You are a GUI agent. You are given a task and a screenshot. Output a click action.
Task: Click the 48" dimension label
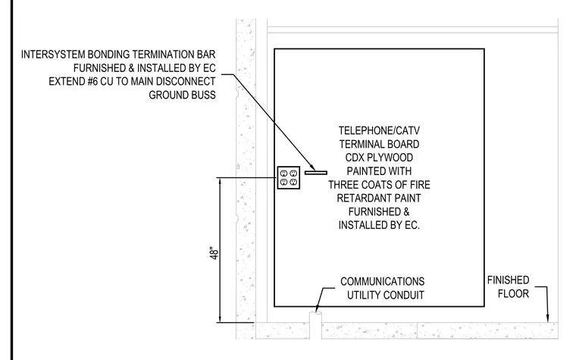(214, 253)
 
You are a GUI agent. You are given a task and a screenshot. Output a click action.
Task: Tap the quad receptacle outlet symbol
(289, 178)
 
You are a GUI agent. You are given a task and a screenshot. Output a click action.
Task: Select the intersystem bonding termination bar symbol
(316, 173)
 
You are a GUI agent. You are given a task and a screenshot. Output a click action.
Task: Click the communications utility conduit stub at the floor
(315, 325)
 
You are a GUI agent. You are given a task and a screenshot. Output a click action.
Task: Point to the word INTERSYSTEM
(53, 55)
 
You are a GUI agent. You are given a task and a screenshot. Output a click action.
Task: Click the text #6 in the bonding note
(92, 81)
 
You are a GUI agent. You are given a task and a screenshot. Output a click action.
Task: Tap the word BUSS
(203, 95)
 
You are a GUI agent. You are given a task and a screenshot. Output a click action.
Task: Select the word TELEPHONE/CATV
(379, 130)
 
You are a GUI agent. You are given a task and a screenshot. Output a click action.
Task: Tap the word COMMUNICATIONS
(383, 281)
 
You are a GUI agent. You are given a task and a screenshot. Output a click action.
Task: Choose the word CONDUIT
(406, 295)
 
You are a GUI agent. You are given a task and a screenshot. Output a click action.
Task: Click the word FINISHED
(508, 280)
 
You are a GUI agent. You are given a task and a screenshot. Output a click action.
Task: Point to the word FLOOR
(513, 293)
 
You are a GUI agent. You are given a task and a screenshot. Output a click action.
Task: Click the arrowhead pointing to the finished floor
(547, 318)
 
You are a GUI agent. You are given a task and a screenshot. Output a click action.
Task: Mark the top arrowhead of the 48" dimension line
(220, 181)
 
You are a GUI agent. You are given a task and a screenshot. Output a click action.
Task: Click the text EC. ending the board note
(412, 225)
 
